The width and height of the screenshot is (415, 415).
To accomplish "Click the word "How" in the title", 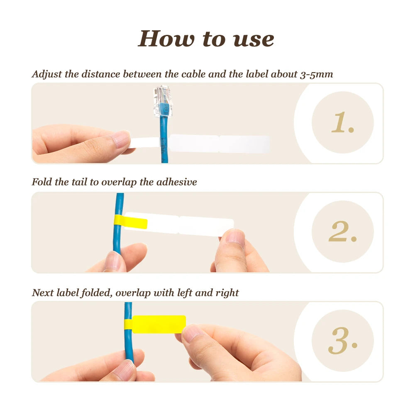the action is (x=166, y=39).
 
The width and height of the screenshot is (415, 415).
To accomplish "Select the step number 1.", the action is (x=343, y=122).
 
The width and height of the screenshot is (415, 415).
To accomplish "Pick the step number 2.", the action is (x=343, y=231).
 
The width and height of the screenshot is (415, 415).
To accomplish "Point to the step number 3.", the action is (x=343, y=340).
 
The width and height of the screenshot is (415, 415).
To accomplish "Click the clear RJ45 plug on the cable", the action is (x=162, y=101).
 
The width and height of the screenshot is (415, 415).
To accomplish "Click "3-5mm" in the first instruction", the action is (x=317, y=75).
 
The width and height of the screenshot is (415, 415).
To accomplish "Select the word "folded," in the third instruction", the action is (x=97, y=293).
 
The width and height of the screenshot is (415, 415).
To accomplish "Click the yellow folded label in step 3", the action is (x=159, y=324).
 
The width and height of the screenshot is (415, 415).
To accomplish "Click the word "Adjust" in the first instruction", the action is (x=47, y=74).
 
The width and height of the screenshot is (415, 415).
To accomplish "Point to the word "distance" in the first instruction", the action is (x=101, y=74).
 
